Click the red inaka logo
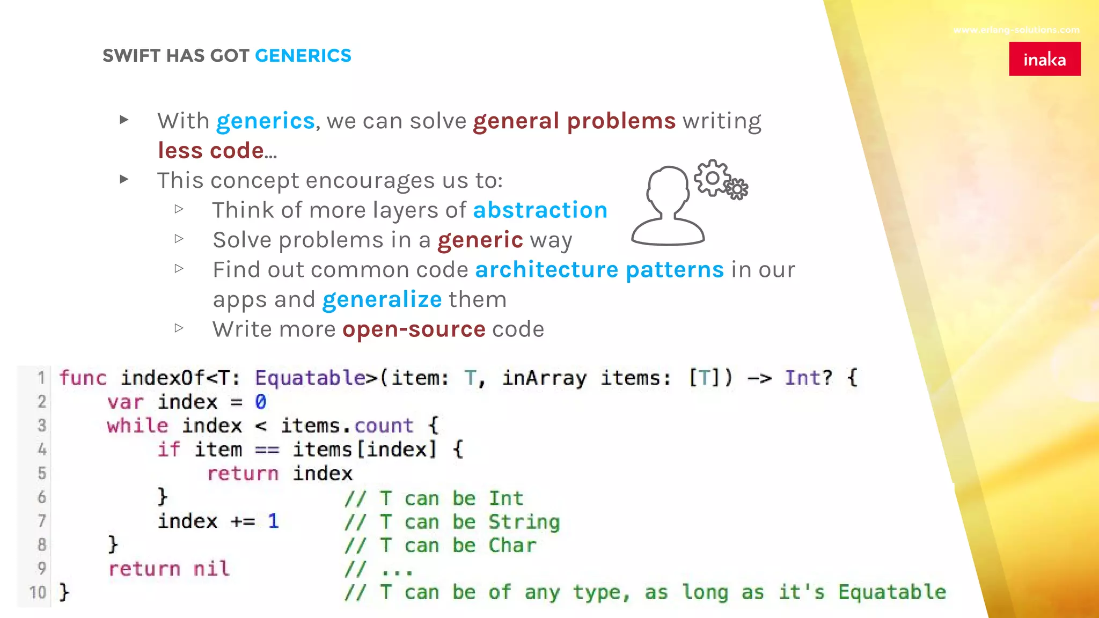tap(1044, 59)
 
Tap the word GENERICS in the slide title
tap(303, 56)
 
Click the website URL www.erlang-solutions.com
tap(1016, 30)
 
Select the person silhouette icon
tap(668, 207)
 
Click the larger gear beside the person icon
tap(712, 178)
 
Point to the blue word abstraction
tap(540, 210)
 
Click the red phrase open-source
tap(414, 329)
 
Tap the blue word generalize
tap(382, 300)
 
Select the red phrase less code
tap(211, 151)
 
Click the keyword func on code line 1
tap(83, 378)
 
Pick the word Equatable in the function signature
tap(311, 378)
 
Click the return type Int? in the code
tap(808, 378)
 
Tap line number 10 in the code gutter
tap(38, 593)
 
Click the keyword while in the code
tap(137, 426)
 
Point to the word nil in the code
tap(211, 569)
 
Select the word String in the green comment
tap(524, 522)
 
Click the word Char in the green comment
tap(512, 546)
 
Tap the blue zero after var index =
tap(261, 402)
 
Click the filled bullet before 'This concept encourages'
tap(124, 179)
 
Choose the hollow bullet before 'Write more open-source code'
tap(179, 328)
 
